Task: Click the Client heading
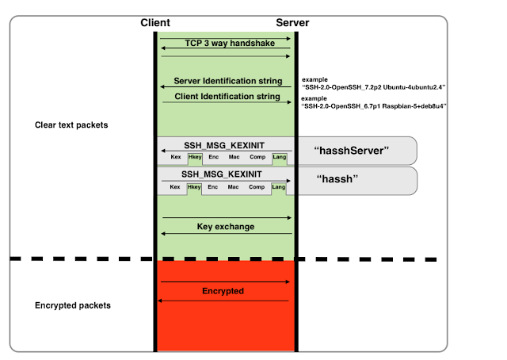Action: point(155,23)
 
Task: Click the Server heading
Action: point(292,23)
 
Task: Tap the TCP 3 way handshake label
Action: point(230,43)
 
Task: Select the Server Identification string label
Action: point(228,81)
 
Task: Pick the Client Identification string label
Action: point(227,96)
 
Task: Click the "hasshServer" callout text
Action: point(352,151)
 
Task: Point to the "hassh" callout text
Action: point(337,179)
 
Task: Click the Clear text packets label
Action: point(71,125)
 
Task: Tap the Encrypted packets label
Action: point(73,305)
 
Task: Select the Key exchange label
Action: point(226,226)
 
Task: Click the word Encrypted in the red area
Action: point(223,291)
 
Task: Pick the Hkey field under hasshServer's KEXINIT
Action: point(195,157)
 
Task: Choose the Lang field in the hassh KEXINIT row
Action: point(278,187)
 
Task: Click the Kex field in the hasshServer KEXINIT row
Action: point(176,157)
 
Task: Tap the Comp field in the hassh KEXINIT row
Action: point(257,187)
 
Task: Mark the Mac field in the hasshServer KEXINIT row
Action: point(234,157)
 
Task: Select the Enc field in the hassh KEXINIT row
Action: point(213,187)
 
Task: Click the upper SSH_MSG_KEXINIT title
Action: point(224,145)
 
